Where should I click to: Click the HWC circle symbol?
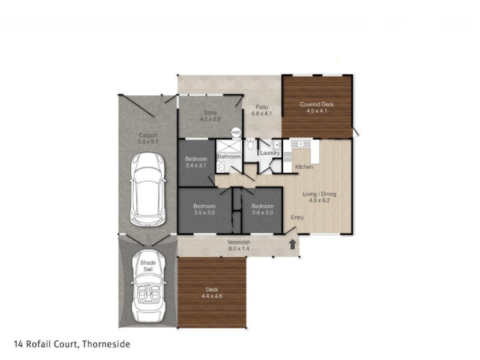point(236,133)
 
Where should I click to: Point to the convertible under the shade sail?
point(148,286)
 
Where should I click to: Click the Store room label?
point(211,113)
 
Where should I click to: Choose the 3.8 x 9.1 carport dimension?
point(148,142)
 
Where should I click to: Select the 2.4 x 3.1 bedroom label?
point(196,166)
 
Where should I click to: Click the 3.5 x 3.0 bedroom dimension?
point(205,212)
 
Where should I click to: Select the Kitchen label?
point(304,167)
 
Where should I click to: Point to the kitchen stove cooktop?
point(288,157)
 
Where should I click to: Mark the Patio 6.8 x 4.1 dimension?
point(262,113)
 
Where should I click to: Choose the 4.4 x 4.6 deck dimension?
point(212,296)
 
